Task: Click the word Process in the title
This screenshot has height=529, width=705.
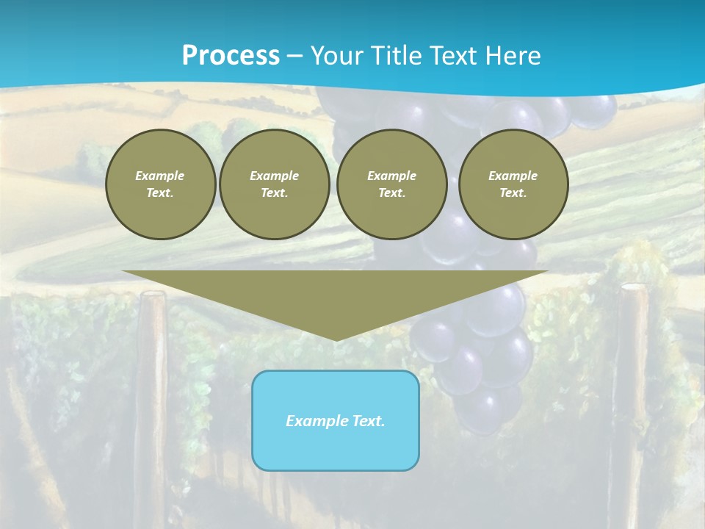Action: click(231, 56)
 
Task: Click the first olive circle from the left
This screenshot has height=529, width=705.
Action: click(160, 184)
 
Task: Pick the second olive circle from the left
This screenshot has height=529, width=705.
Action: click(275, 184)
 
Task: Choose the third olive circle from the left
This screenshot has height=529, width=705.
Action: click(392, 184)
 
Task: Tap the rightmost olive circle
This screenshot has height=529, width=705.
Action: click(513, 184)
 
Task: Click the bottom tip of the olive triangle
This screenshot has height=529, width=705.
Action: click(336, 339)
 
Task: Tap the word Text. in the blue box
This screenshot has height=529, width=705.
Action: click(368, 421)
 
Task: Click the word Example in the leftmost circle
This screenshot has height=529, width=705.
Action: click(160, 176)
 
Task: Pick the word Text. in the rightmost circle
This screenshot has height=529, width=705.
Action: click(513, 192)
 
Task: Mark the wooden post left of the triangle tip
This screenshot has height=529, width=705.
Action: click(153, 382)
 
